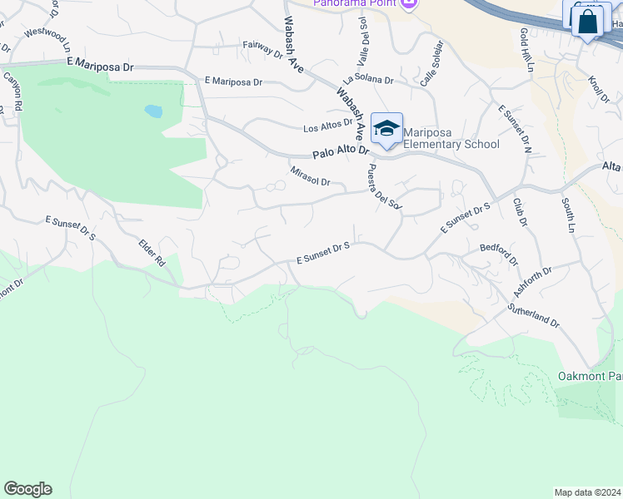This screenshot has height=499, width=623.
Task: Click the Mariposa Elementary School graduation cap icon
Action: pos(386,128)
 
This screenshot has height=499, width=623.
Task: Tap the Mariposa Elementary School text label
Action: pos(451,138)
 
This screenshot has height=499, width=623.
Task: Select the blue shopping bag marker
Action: pos(588,22)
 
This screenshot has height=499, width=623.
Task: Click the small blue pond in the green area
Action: pos(153,110)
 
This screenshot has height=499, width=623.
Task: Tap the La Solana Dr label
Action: pos(367,79)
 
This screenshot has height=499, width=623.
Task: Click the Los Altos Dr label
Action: pos(328,128)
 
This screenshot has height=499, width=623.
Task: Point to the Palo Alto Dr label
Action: pos(341,154)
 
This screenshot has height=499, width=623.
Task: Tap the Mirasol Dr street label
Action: pos(311,176)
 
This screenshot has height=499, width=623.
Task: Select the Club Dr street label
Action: pos(521,211)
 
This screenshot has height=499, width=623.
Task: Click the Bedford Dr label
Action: pos(499,254)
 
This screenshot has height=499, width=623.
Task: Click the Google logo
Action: pos(27,489)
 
